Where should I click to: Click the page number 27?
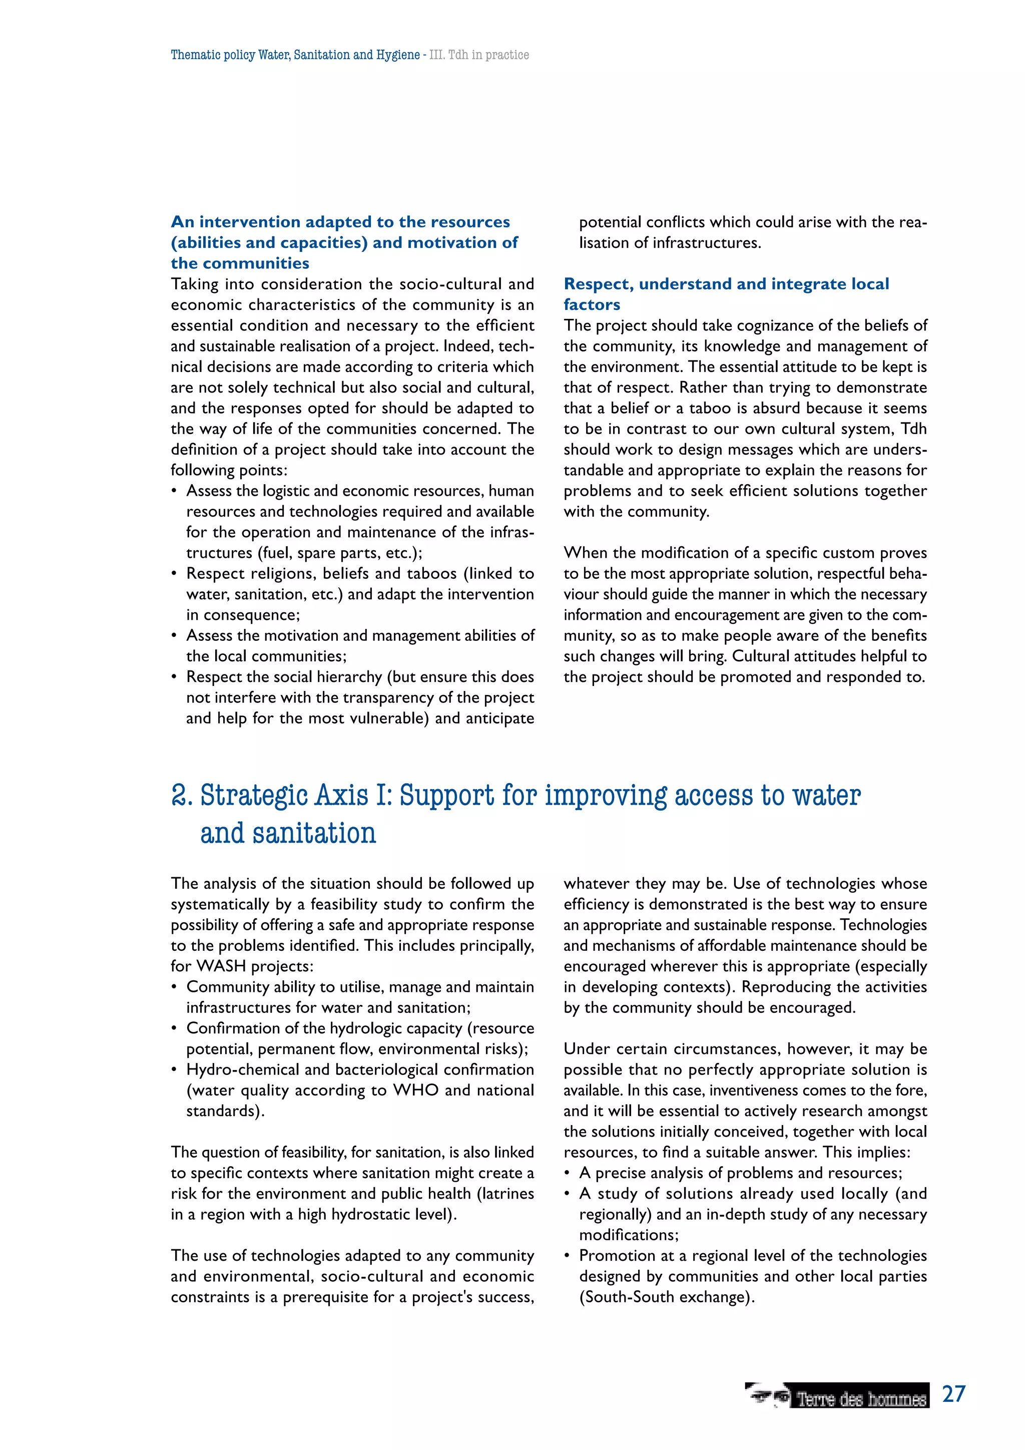click(953, 1393)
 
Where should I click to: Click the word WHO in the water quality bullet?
click(416, 1091)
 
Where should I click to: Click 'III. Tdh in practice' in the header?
click(479, 55)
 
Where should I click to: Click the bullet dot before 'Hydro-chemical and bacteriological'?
click(174, 1070)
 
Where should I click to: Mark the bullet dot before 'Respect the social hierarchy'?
click(174, 677)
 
